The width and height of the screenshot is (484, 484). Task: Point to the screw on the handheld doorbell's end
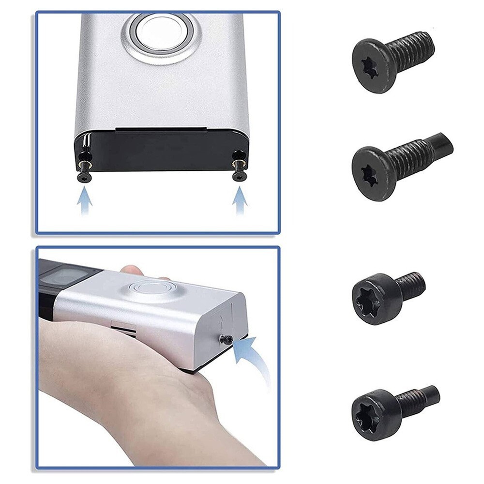(x=226, y=339)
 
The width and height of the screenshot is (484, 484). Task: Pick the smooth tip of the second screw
(x=441, y=143)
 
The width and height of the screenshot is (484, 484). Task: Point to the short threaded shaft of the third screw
(x=411, y=286)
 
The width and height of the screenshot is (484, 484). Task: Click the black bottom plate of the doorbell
(x=162, y=150)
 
